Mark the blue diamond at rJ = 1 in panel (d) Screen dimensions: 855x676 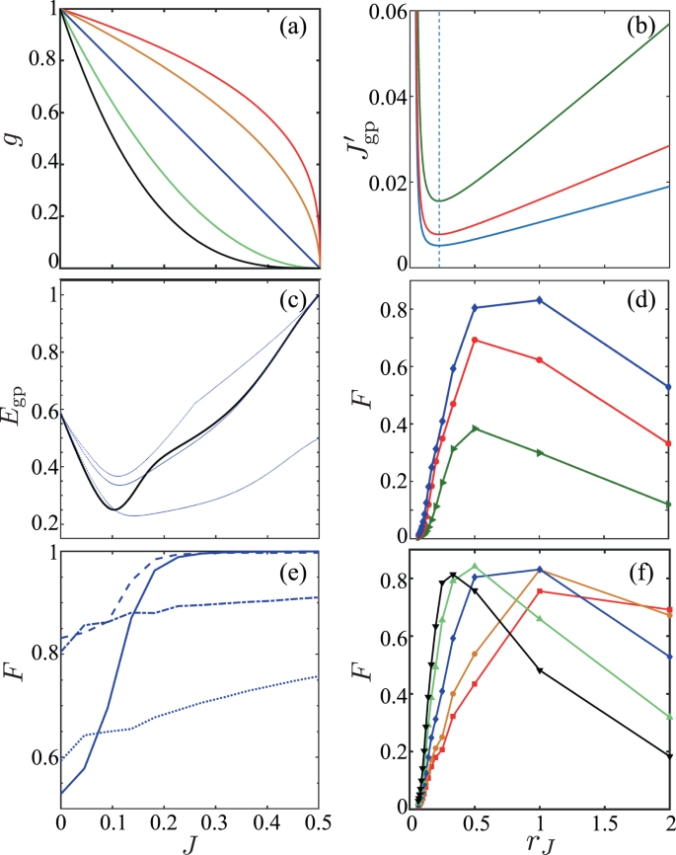(x=539, y=300)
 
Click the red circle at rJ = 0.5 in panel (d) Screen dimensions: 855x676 (x=476, y=340)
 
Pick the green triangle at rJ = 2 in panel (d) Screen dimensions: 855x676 (x=668, y=504)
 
